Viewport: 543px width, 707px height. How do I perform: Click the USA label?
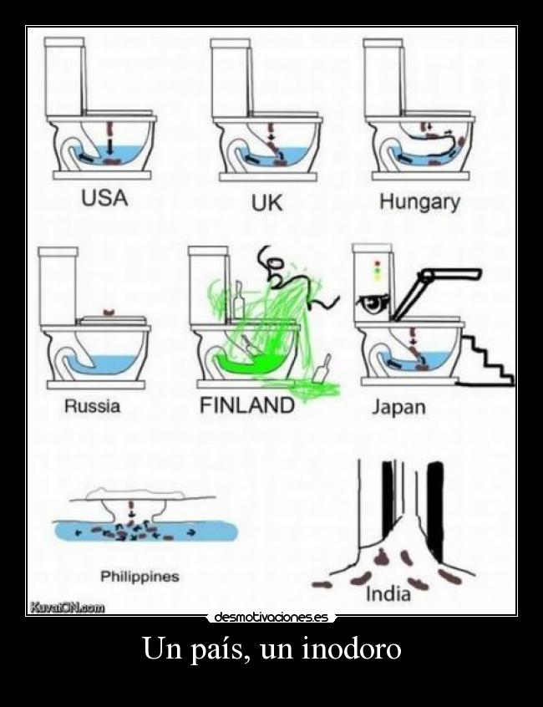[104, 198]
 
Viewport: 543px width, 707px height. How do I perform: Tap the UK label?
[266, 204]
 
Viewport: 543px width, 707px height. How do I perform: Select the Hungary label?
[419, 202]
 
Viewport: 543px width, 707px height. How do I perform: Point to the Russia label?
[93, 406]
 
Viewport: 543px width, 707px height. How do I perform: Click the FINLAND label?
[247, 405]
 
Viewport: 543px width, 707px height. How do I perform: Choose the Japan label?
[398, 408]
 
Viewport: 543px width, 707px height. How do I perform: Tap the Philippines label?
[140, 577]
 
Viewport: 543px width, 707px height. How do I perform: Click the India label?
[388, 593]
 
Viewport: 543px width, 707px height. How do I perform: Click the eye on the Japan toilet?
[373, 305]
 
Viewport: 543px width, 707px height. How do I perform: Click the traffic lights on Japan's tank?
[378, 271]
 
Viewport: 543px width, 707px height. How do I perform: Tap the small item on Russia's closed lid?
[108, 312]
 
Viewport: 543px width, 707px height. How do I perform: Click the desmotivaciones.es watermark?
[271, 617]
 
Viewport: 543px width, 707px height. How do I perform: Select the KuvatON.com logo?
[67, 608]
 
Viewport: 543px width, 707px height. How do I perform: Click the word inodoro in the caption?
[351, 649]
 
